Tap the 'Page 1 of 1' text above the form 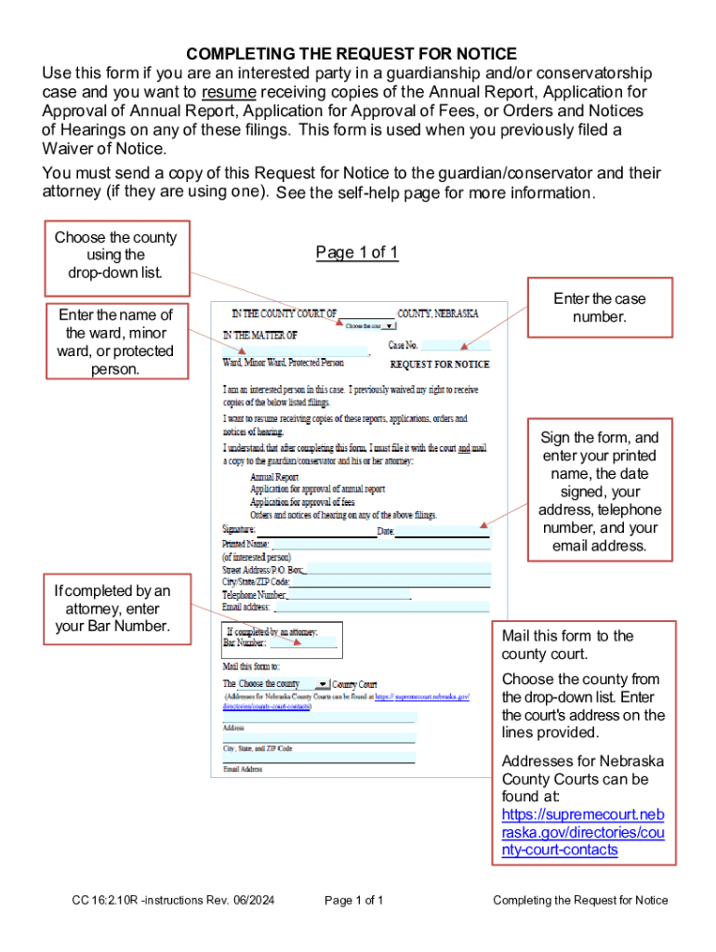pos(357,253)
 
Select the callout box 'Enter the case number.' pos(599,308)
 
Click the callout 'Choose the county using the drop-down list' pos(115,255)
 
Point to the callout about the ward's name pos(115,341)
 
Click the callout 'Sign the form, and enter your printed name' pos(599,491)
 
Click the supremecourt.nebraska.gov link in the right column pos(582,832)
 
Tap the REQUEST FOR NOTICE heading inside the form pos(439,364)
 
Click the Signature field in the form pos(316,531)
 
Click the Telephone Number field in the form pos(349,594)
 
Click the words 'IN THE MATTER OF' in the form pos(260,335)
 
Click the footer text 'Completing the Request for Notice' pos(580,900)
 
